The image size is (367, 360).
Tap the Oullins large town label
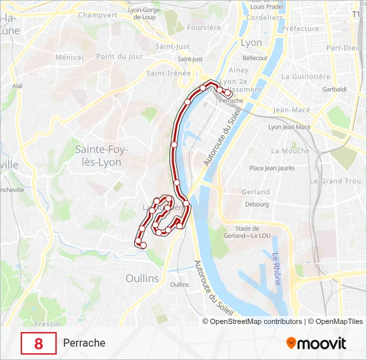pyautogui.click(x=142, y=277)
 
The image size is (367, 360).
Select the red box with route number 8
pyautogui.click(x=38, y=343)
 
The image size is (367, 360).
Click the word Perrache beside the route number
pyautogui.click(x=84, y=343)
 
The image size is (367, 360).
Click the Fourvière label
pyautogui.click(x=204, y=27)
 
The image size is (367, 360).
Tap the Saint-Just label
pyautogui.click(x=172, y=47)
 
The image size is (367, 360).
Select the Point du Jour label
pyautogui.click(x=119, y=57)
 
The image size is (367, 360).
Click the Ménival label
pyautogui.click(x=69, y=57)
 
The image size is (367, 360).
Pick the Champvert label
pyautogui.click(x=97, y=14)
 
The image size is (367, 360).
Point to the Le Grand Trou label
pyautogui.click(x=340, y=181)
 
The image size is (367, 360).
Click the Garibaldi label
pyautogui.click(x=334, y=89)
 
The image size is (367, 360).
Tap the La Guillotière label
pyautogui.click(x=306, y=77)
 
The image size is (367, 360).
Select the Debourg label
pyautogui.click(x=257, y=204)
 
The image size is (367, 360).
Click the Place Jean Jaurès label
pyautogui.click(x=272, y=168)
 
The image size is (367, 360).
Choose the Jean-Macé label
pyautogui.click(x=290, y=110)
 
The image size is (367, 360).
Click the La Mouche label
pyautogui.click(x=290, y=151)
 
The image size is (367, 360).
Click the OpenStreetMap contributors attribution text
pyautogui.click(x=256, y=321)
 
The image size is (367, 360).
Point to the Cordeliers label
pyautogui.click(x=265, y=18)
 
